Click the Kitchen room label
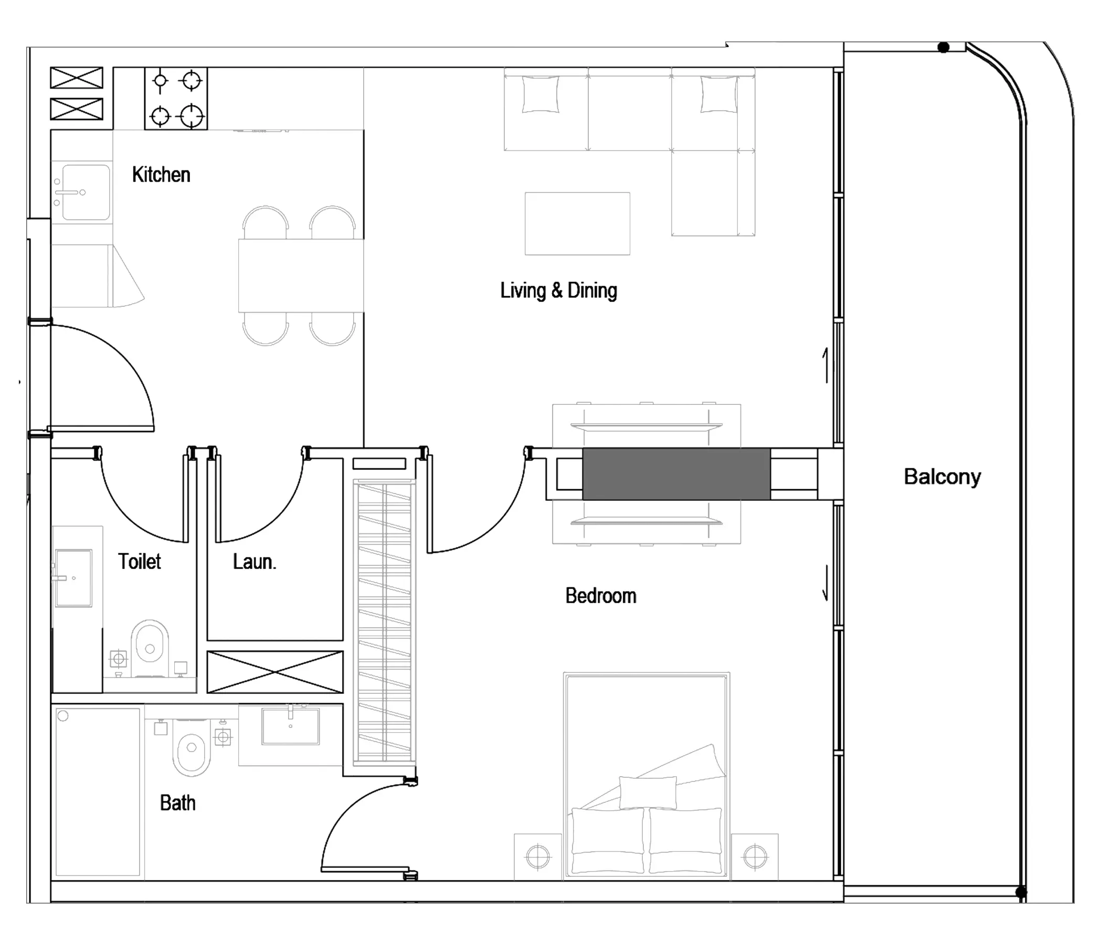pos(161,174)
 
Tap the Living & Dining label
pos(558,290)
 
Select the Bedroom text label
pos(600,595)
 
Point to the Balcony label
pos(942,477)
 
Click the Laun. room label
pos(254,561)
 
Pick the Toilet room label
pos(140,561)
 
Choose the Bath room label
pos(178,802)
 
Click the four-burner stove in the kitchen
pos(176,99)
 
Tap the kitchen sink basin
pos(86,192)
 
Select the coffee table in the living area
pos(578,224)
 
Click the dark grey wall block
pos(676,474)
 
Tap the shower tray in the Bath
pos(98,792)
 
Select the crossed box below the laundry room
pos(275,672)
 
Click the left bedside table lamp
pos(538,856)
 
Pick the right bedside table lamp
pos(755,856)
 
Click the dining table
pos(301,275)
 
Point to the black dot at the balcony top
pos(944,48)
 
